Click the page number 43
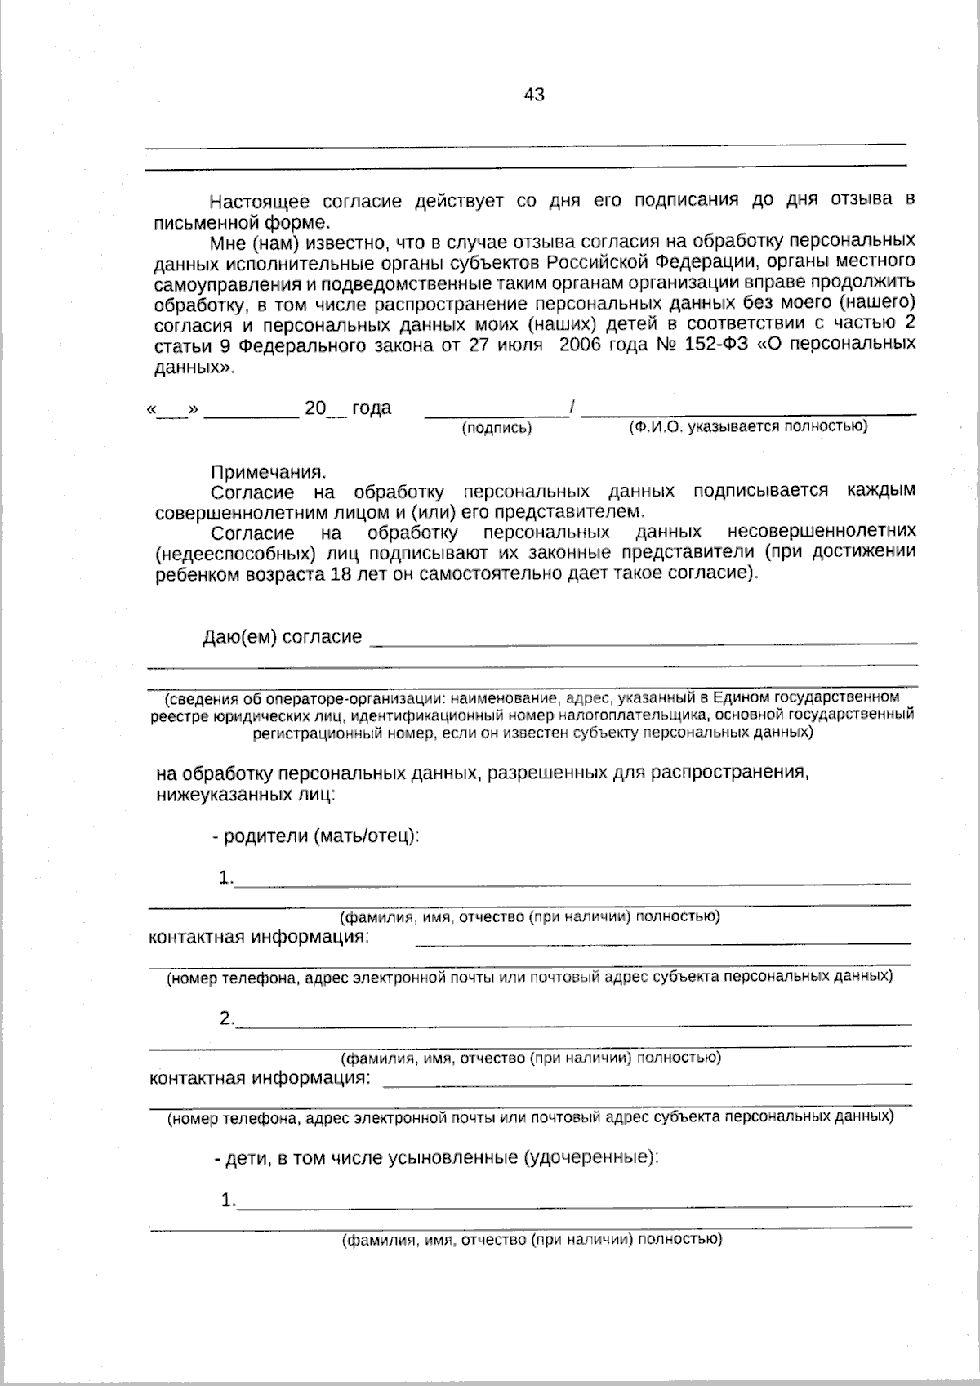click(x=534, y=95)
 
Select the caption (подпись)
click(x=497, y=428)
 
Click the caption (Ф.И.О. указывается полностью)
click(x=747, y=426)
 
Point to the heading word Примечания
click(x=268, y=472)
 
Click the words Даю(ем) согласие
click(x=282, y=636)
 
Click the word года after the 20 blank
click(x=372, y=408)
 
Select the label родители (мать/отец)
click(x=321, y=836)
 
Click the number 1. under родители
click(x=226, y=879)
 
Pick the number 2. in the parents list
click(x=226, y=1019)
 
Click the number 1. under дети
click(x=228, y=1201)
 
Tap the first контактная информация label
click(x=259, y=937)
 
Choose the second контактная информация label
click(x=259, y=1078)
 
